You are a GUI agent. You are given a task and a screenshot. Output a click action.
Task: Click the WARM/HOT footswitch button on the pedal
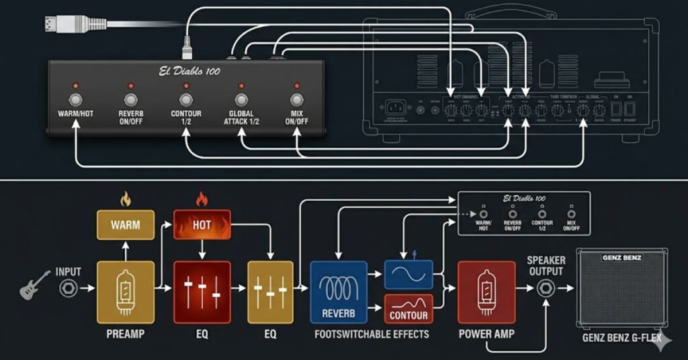click(75, 99)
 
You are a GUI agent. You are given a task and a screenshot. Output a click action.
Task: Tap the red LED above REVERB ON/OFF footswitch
click(130, 86)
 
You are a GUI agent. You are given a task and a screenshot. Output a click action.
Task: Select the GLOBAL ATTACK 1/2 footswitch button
click(241, 99)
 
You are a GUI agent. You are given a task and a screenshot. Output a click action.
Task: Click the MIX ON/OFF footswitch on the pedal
click(296, 99)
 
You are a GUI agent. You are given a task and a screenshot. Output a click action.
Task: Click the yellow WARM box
click(126, 225)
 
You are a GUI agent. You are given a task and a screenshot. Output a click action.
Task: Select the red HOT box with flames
click(202, 225)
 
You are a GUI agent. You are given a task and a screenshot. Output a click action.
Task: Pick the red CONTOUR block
click(408, 310)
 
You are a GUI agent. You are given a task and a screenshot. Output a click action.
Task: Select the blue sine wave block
click(408, 275)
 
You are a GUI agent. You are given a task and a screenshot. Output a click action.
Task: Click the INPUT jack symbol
click(68, 289)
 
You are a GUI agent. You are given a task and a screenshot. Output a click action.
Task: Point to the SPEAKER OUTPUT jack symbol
click(545, 289)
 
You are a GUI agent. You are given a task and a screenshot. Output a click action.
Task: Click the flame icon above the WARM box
click(124, 199)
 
